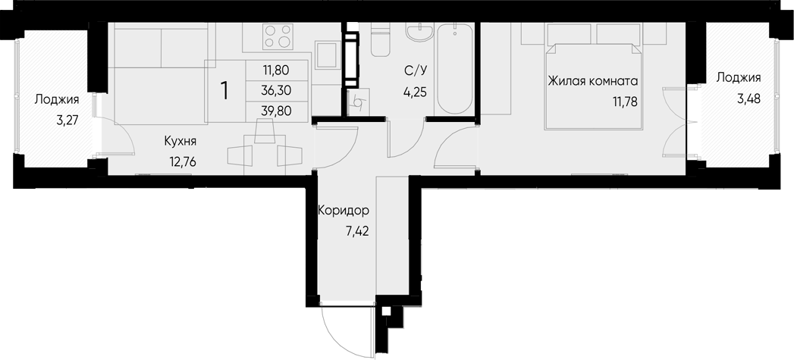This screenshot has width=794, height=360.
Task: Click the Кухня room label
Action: coord(180,140)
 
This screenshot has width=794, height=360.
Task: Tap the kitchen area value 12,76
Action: coord(180,160)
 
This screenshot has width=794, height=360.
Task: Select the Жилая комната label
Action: coord(593,81)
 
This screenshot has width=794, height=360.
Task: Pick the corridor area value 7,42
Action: coord(356,231)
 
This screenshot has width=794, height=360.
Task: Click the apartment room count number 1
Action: coord(224,90)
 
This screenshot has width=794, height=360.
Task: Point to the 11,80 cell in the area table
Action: coord(276,70)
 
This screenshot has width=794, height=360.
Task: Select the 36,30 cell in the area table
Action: coord(276,90)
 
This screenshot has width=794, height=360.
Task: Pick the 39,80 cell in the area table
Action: coord(276,110)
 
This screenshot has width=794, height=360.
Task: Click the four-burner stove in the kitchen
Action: coord(278,36)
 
